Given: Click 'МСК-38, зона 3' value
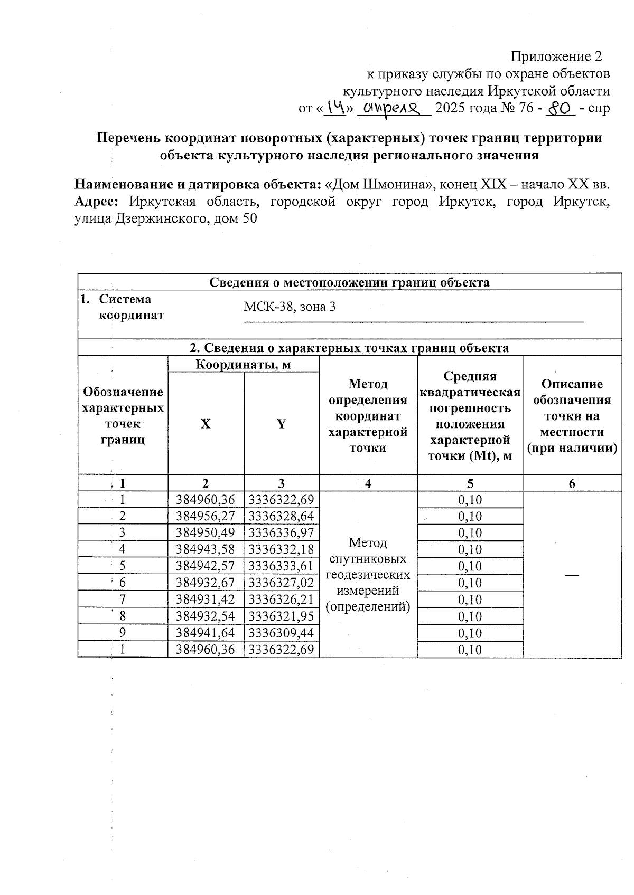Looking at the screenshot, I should point(290,307).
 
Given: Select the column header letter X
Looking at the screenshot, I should point(206,424).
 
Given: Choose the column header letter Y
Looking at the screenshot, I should point(282,424).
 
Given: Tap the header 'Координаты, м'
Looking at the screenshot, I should point(244,364).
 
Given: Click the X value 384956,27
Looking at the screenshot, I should point(206,516).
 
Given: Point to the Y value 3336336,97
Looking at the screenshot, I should point(282,532).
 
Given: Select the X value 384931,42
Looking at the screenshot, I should point(206,599).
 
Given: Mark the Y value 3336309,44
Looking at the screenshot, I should point(282,633).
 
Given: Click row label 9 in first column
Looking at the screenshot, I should point(123,633).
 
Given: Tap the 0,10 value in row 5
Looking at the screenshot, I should point(470,566).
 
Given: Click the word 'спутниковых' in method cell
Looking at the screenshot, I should point(368,559).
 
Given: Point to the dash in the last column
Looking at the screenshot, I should point(572,574).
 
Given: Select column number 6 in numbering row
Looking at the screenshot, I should point(572,483).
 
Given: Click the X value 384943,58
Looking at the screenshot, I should point(206,549).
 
